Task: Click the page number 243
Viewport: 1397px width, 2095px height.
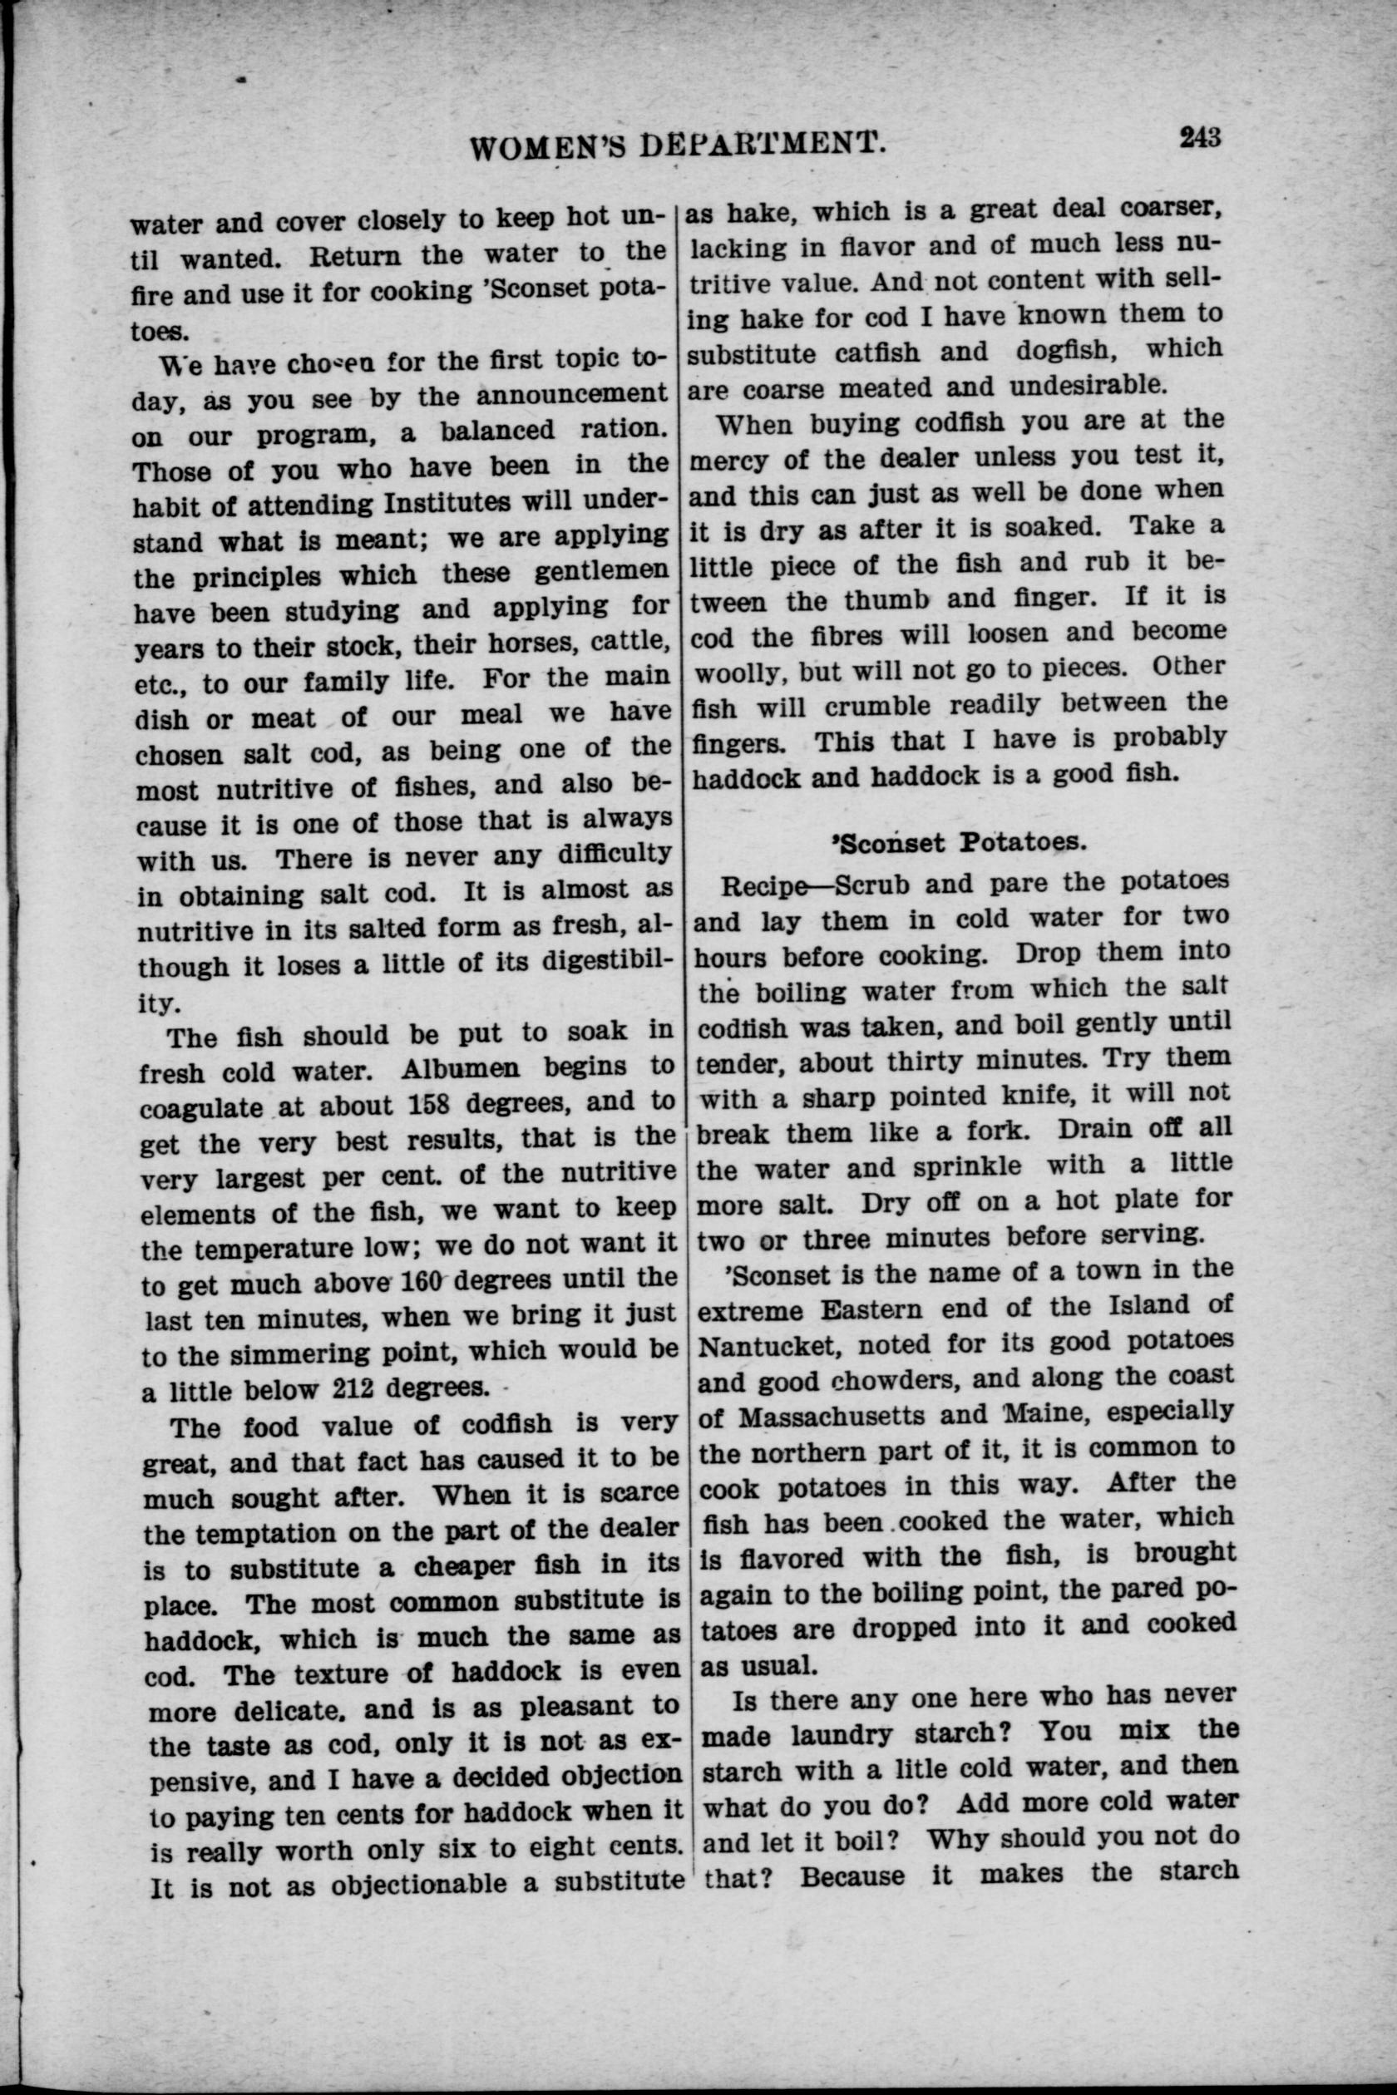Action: [1199, 137]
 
